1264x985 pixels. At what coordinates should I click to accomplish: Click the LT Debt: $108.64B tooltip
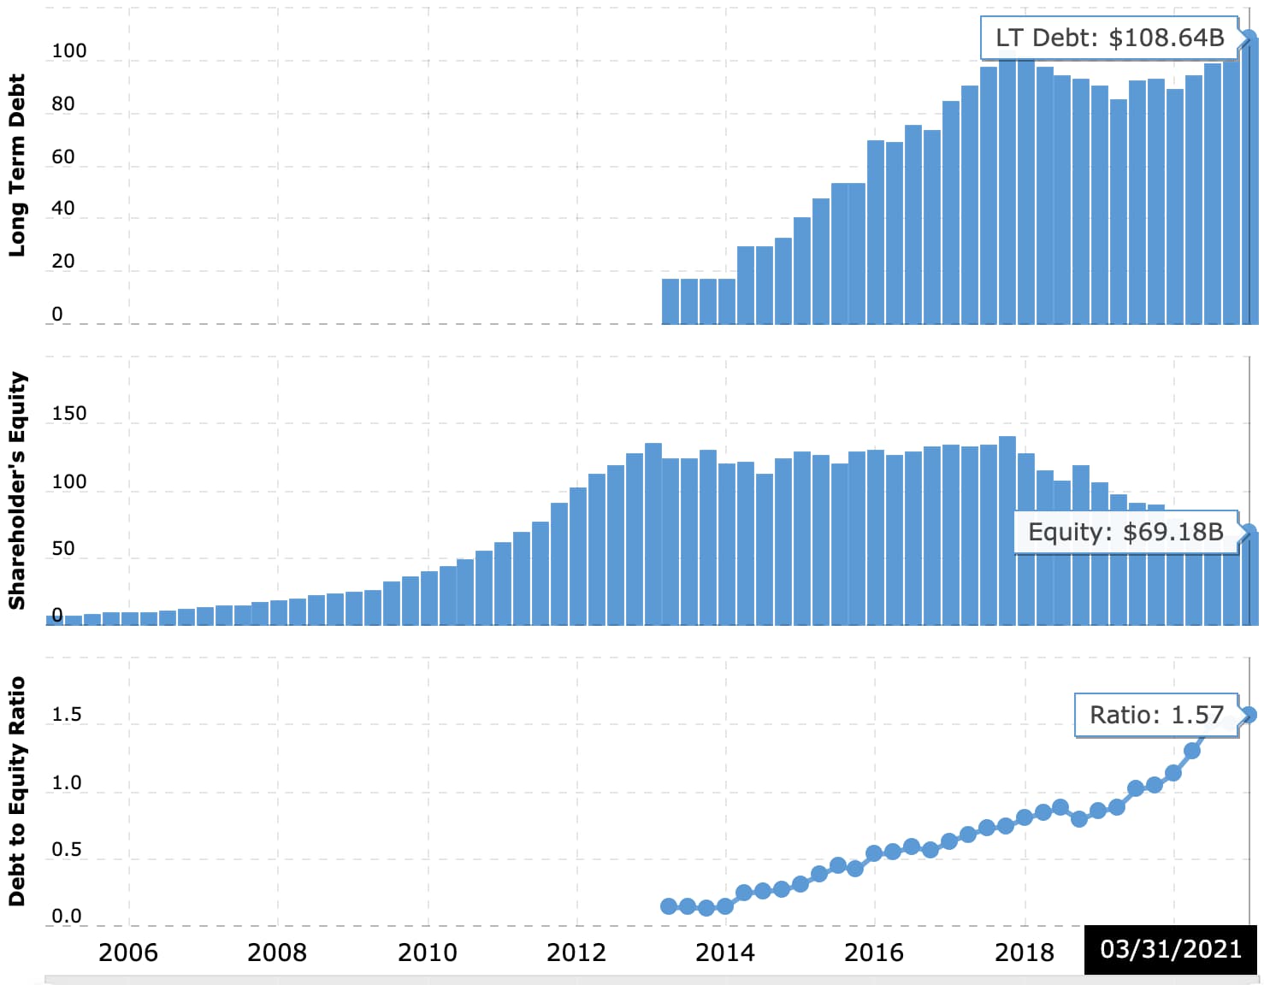pos(1109,38)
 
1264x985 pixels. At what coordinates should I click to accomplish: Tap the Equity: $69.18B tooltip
pos(1125,532)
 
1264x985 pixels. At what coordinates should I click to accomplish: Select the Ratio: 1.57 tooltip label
pos(1156,715)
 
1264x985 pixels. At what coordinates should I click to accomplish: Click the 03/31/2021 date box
pos(1170,949)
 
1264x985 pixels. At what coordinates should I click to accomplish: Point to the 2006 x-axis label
pos(128,953)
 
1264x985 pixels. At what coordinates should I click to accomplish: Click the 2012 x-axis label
pos(576,953)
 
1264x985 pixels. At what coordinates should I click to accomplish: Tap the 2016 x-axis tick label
pos(874,953)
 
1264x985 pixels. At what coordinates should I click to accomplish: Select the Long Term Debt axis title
pos(17,165)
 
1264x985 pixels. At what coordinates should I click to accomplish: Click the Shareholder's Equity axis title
pos(17,491)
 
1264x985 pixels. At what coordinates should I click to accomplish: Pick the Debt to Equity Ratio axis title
pos(17,791)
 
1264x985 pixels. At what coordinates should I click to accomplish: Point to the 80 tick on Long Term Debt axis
pos(63,104)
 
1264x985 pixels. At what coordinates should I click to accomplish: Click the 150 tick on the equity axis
pos(69,414)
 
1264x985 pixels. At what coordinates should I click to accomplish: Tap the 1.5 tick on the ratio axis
pos(67,715)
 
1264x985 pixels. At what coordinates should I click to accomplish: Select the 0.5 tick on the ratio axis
pos(67,850)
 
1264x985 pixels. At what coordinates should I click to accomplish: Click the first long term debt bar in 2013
pos(670,301)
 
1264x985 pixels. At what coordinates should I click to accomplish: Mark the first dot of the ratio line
pos(670,906)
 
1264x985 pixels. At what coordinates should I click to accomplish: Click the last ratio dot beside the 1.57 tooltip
pos(1249,715)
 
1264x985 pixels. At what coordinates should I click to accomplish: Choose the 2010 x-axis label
pos(428,953)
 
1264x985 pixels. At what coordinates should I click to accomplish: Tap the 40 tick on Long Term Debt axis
pos(63,209)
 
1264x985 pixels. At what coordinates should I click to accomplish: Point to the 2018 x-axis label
pos(1025,953)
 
